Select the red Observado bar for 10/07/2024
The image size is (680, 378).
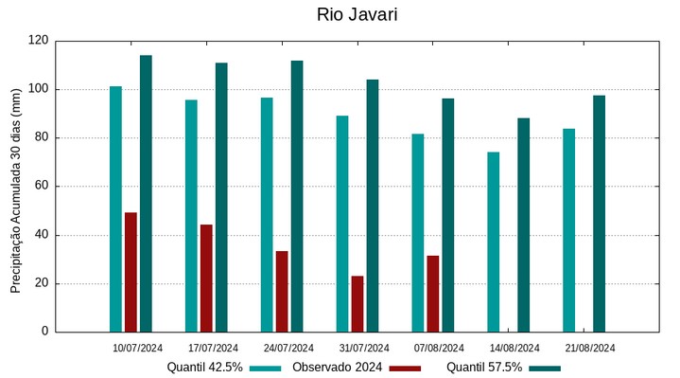click(131, 272)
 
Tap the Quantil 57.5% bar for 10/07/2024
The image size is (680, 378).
click(146, 193)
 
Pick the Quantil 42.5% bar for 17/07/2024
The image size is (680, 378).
click(191, 216)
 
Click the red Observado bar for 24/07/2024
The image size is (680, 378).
click(282, 291)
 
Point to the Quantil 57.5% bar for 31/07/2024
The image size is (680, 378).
click(373, 206)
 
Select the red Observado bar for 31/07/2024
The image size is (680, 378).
click(357, 303)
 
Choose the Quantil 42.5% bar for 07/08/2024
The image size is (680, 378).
click(418, 233)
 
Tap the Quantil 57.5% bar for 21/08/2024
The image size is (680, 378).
click(600, 213)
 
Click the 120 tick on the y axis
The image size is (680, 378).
click(38, 41)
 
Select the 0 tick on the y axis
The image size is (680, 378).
click(44, 332)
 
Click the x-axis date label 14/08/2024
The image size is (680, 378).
click(514, 348)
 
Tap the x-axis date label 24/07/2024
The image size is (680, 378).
click(288, 348)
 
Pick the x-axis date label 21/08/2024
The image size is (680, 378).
click(589, 348)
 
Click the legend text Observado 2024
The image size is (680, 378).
click(337, 368)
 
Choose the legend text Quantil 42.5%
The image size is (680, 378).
click(205, 368)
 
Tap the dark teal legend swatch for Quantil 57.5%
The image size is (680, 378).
click(545, 368)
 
